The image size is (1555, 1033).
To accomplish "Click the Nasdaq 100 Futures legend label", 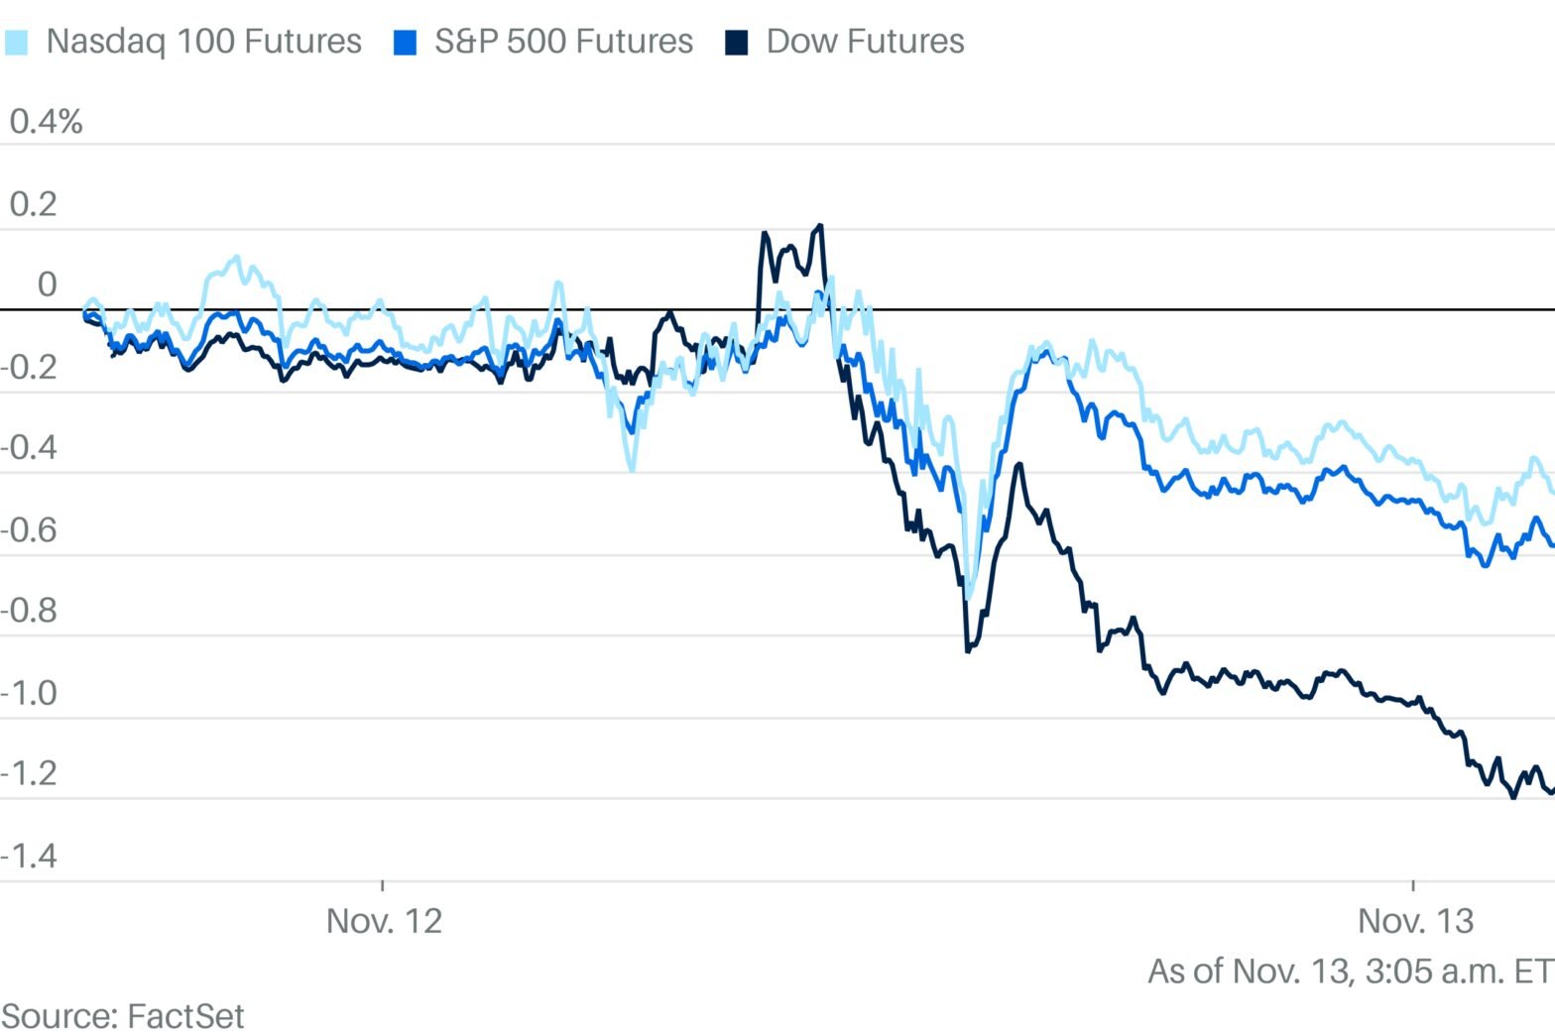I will pyautogui.click(x=203, y=42).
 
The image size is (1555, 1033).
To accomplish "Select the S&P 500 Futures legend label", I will pyautogui.click(x=563, y=42).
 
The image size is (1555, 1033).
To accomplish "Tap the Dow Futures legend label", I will pyautogui.click(x=865, y=42).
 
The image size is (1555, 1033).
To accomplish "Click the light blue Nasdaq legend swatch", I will pyautogui.click(x=16, y=43).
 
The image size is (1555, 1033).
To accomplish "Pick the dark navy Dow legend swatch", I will pyautogui.click(x=736, y=43).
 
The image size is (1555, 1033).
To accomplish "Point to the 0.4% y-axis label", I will pyautogui.click(x=46, y=122).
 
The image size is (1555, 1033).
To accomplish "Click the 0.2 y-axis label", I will pyautogui.click(x=33, y=204).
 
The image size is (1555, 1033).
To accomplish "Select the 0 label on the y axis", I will pyautogui.click(x=47, y=286).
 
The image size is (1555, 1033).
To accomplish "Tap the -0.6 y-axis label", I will pyautogui.click(x=29, y=529).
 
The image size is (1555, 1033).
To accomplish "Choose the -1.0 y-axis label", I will pyautogui.click(x=29, y=693).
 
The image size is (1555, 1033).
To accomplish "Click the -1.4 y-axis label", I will pyautogui.click(x=29, y=856).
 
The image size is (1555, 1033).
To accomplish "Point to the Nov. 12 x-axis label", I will pyautogui.click(x=384, y=921).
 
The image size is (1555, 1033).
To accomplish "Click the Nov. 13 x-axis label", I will pyautogui.click(x=1415, y=921).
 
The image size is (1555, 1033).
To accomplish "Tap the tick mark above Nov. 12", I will pyautogui.click(x=383, y=885).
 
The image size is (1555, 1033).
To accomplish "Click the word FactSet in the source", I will pyautogui.click(x=185, y=1016).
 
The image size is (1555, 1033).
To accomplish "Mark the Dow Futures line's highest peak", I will pyautogui.click(x=819, y=227).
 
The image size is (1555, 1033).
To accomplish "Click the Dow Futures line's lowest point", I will pyautogui.click(x=1513, y=796).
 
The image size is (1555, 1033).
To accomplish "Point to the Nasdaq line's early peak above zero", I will pyautogui.click(x=236, y=259).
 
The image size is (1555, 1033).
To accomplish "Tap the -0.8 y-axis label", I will pyautogui.click(x=29, y=611).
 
